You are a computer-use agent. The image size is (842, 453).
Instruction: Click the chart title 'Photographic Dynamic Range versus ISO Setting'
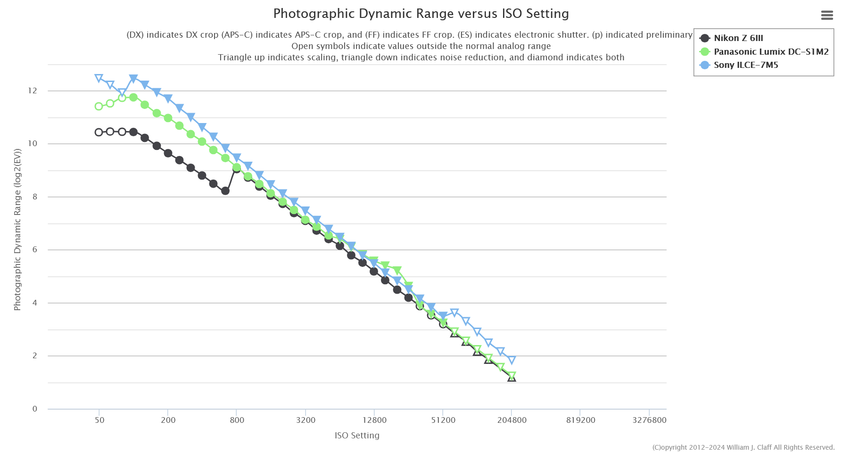tap(421, 14)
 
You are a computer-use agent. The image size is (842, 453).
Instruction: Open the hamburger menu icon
tap(827, 16)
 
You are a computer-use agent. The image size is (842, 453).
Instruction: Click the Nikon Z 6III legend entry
tap(738, 38)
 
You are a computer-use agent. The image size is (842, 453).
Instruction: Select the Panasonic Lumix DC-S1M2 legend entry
tap(770, 52)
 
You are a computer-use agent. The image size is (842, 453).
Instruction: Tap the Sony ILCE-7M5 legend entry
tap(745, 65)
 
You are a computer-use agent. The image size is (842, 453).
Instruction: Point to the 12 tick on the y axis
tap(33, 91)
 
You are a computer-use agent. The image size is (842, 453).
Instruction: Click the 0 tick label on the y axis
tap(35, 409)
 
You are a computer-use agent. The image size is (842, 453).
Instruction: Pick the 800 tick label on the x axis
tap(237, 420)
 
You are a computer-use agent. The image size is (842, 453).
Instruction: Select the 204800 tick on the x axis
tap(512, 420)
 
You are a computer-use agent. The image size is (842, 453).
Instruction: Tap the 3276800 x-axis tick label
tap(649, 420)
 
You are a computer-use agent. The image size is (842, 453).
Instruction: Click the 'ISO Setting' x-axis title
tap(357, 436)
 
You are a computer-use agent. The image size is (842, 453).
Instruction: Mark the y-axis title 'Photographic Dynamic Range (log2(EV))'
tap(17, 230)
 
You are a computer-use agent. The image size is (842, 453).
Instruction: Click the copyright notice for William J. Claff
tap(743, 447)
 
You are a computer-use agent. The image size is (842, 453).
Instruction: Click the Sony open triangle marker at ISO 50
tap(99, 78)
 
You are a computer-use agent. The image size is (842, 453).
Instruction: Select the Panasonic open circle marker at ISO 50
tap(99, 107)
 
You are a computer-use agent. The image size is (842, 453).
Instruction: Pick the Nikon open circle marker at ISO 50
tap(99, 132)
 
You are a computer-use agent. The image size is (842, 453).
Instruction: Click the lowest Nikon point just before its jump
tap(225, 191)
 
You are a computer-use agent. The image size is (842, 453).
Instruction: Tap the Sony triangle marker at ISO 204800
tap(512, 360)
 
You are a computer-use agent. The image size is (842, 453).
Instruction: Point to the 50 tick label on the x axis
tap(99, 420)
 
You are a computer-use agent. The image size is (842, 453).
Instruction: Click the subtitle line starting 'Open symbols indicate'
tap(421, 46)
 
